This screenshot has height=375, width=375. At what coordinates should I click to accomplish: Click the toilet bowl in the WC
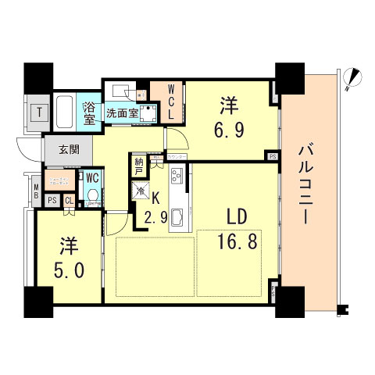[x=92, y=195]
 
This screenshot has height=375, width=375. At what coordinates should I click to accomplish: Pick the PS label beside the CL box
[x=52, y=200]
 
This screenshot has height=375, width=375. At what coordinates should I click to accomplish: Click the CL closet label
[x=69, y=200]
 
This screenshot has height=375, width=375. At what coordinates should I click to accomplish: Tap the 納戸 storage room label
[x=139, y=166]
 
